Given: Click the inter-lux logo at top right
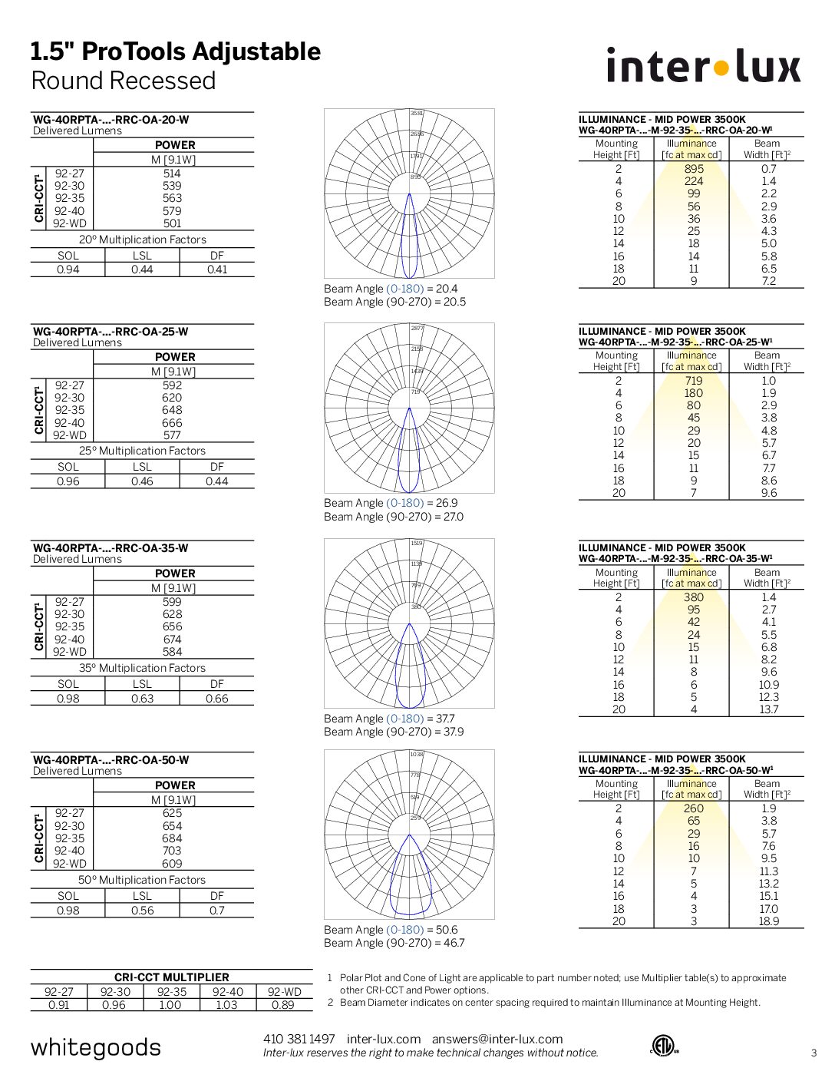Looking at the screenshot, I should point(703,66).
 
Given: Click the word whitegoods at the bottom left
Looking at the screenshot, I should point(96,1048).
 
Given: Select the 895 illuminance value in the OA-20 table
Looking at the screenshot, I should point(694,169).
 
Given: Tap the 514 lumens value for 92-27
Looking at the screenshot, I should point(172,174).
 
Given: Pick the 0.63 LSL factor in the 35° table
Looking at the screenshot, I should point(142,699).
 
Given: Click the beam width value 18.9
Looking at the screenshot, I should point(768,921).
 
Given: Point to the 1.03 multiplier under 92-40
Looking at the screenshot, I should point(227,1005).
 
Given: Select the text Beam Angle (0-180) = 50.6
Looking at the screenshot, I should point(391,930).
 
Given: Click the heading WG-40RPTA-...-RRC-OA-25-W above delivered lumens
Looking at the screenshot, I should point(111,332).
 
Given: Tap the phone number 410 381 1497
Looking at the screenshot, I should point(299,1039).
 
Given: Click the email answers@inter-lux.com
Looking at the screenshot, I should point(497,1039).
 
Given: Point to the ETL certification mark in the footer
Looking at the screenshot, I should point(662,1046).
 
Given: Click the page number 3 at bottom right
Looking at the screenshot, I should point(814,1053).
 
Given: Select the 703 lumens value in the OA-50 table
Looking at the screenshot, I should point(172,851).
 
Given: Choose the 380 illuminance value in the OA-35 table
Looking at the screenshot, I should point(694,597).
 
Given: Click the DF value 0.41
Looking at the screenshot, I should point(217,269).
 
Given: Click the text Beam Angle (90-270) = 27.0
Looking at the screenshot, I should point(394,517).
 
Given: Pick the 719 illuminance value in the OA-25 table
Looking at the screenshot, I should point(694,381).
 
